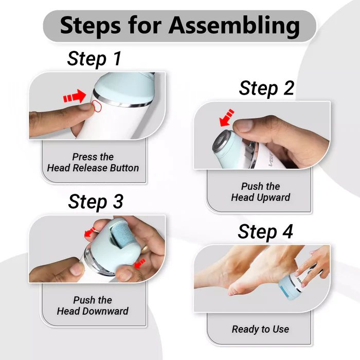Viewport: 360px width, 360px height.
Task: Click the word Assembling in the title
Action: tap(234, 26)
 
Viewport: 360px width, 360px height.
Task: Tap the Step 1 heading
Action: tap(94, 59)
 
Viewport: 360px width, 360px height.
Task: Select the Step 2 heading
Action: tap(266, 88)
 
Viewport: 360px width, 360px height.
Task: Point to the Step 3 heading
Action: tap(96, 202)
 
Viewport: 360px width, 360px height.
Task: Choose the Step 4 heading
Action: tap(265, 231)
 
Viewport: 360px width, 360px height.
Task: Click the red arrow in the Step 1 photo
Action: tap(75, 96)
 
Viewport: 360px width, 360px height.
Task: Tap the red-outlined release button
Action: tap(97, 106)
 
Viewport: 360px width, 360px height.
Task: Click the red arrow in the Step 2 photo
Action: tap(226, 118)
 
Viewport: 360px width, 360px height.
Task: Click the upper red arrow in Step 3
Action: tap(89, 232)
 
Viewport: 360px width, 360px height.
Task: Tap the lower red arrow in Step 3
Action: tap(139, 263)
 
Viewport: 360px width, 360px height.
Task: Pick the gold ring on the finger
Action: tap(145, 249)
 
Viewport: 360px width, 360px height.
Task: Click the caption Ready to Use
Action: tap(260, 329)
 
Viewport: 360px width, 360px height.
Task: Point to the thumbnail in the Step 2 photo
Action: tap(244, 125)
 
